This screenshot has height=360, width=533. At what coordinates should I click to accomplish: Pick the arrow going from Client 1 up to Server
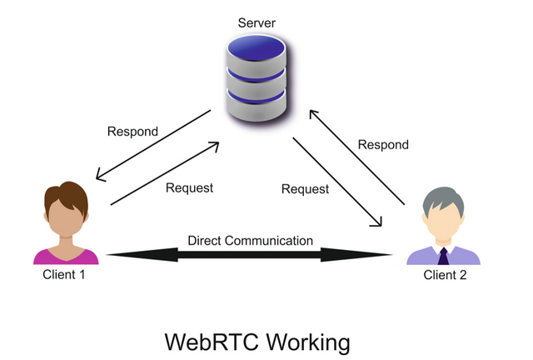pyautogui.click(x=165, y=172)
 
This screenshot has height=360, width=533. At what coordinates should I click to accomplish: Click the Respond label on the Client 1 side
pyautogui.click(x=132, y=132)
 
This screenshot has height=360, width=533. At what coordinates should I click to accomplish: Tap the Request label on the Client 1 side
pyautogui.click(x=189, y=187)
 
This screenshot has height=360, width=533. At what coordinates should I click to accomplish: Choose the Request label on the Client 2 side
pyautogui.click(x=305, y=189)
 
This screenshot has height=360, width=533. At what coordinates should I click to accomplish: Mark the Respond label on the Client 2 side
pyautogui.click(x=383, y=145)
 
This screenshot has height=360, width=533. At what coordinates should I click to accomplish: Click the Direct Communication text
pyautogui.click(x=250, y=241)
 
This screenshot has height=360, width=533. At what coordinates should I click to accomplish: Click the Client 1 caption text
pyautogui.click(x=64, y=274)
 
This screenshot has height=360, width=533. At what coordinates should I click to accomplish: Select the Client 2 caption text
pyautogui.click(x=443, y=275)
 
